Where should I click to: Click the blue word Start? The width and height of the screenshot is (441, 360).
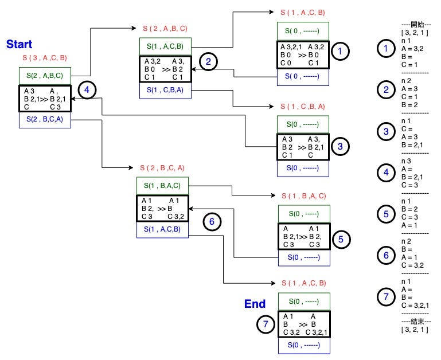pos(19,44)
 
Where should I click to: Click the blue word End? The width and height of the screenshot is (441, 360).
pos(255,304)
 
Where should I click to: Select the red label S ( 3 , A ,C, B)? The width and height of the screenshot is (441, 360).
pos(45,58)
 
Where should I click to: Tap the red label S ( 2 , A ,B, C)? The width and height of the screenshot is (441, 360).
pos(165,29)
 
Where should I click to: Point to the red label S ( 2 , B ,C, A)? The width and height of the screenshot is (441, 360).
pos(162,168)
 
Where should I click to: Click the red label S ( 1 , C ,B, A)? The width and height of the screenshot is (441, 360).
pos(303,107)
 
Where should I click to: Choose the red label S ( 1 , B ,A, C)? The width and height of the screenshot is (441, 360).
pos(304,196)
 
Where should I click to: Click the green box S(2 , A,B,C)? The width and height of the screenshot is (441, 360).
pos(45,76)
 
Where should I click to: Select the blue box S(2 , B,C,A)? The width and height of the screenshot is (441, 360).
pos(45,120)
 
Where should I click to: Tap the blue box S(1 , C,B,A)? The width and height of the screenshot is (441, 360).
pos(165,90)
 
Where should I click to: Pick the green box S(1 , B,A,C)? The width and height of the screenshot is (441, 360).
pos(162,186)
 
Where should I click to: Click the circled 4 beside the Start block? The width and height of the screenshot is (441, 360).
pos(87,90)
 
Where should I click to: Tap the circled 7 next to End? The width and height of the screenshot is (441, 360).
pos(266,324)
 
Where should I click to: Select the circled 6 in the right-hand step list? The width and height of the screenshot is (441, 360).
pos(386,255)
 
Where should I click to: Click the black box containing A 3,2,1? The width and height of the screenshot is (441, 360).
pos(303,55)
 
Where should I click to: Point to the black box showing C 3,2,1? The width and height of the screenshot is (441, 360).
pos(304,324)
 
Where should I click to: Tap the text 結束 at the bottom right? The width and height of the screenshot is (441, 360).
pos(417,321)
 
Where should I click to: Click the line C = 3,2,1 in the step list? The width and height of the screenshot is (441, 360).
pos(415,306)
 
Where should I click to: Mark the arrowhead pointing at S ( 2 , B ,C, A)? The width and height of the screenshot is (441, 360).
pos(131,167)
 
